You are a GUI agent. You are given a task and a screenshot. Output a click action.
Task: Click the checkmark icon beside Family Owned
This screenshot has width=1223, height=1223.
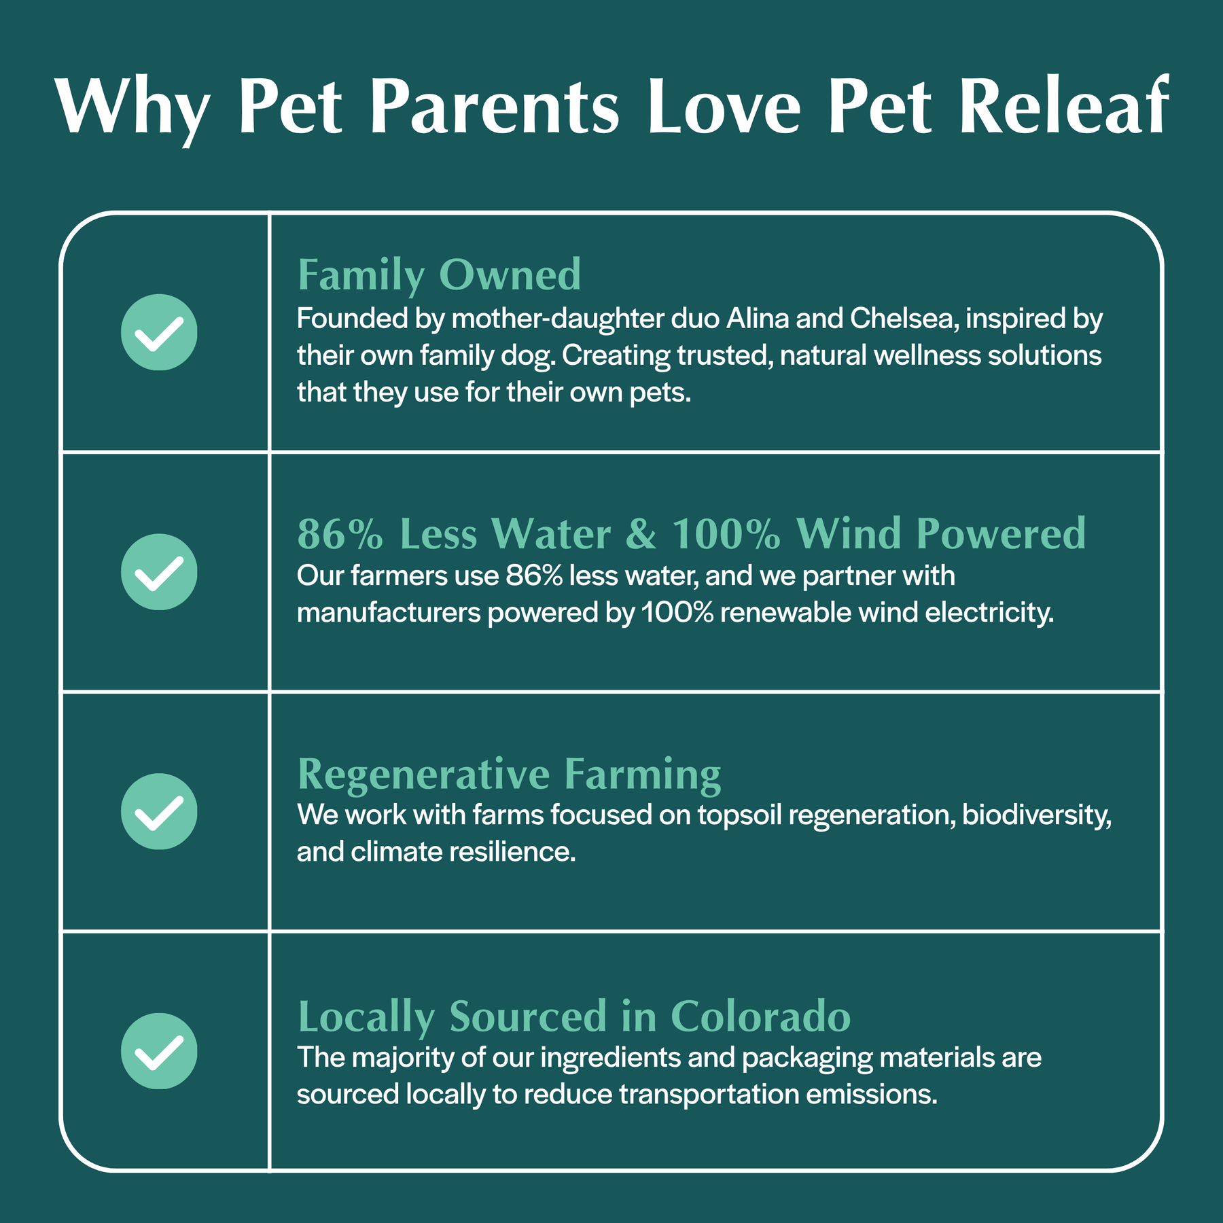click(x=159, y=332)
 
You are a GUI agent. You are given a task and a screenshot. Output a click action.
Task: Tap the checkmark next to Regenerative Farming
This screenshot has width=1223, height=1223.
click(x=159, y=811)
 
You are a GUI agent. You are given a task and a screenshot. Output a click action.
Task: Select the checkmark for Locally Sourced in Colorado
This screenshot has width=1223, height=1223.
click(x=159, y=1051)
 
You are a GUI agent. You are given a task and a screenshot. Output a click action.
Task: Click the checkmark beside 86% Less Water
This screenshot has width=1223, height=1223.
click(x=159, y=572)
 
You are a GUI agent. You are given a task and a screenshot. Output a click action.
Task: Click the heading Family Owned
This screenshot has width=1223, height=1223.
click(x=439, y=277)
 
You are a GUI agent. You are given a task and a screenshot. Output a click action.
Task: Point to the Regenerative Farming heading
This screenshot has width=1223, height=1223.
click(x=509, y=775)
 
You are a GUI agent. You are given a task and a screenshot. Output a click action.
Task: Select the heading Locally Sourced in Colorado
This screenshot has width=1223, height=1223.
click(x=574, y=1016)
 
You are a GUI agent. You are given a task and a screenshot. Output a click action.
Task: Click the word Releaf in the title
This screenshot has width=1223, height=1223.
click(x=1064, y=107)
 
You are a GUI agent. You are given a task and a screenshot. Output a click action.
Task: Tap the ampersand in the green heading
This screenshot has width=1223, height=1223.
click(x=641, y=534)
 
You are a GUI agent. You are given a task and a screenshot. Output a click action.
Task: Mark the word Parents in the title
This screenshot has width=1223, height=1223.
click(x=495, y=107)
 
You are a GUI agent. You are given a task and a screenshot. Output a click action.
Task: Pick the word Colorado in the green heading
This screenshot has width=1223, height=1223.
click(x=761, y=1016)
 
